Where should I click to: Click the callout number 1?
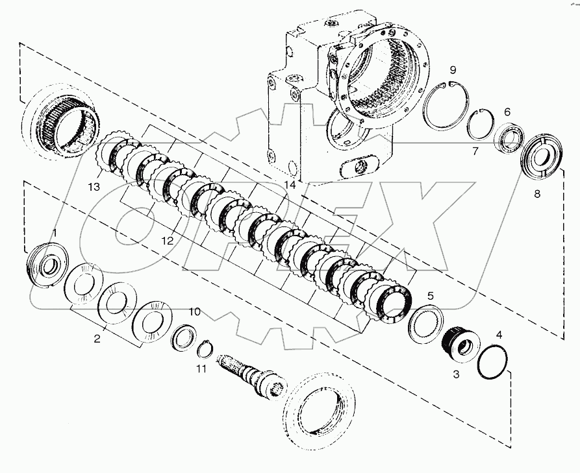[x=55, y=232]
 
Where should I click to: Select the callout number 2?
[x=97, y=337]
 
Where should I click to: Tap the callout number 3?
[x=456, y=374]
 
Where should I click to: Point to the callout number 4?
[x=498, y=335]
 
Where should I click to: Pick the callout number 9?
[x=453, y=70]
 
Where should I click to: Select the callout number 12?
[x=168, y=240]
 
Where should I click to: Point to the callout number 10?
[x=194, y=311]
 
